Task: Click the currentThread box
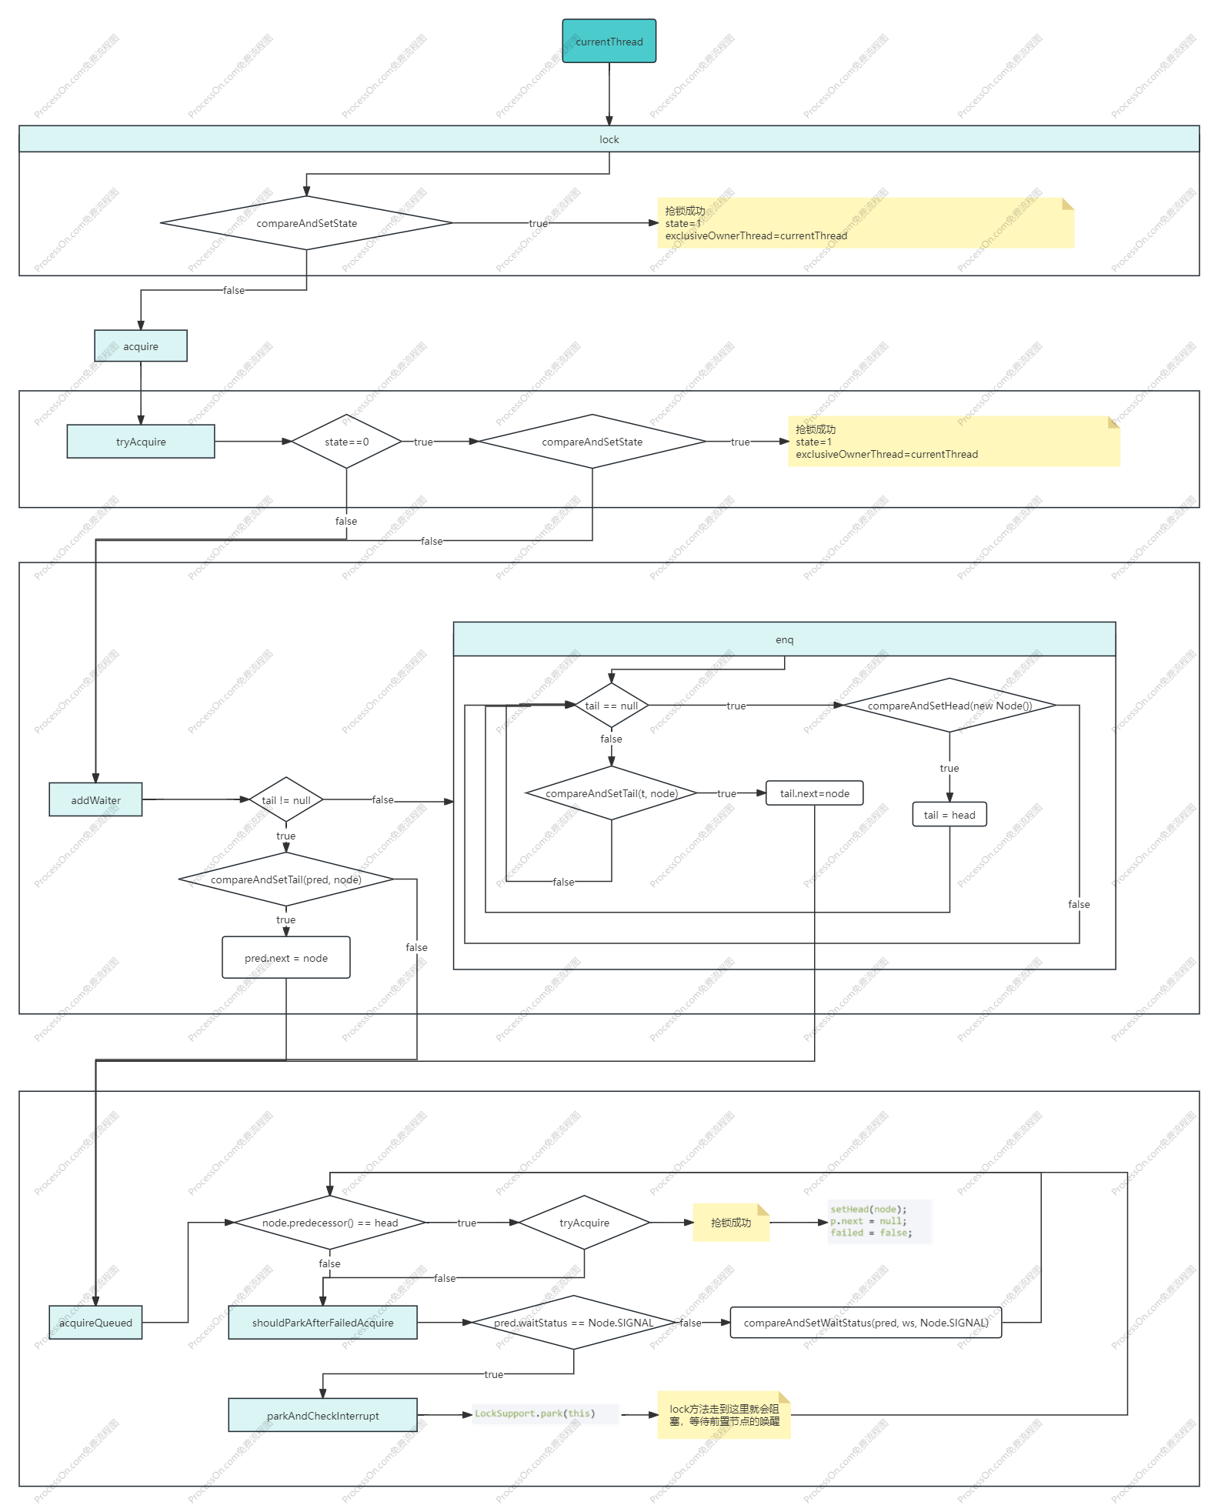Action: [609, 42]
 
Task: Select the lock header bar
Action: [609, 139]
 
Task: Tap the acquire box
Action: [141, 346]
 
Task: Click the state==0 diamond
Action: [346, 442]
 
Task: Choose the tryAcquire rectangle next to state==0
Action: [141, 442]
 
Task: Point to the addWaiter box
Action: [95, 800]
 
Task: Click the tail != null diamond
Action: [285, 800]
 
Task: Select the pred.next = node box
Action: [285, 958]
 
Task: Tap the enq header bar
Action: [784, 639]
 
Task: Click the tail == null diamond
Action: [611, 706]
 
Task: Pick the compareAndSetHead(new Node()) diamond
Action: [949, 706]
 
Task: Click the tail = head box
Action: [949, 815]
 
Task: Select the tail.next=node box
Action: [814, 793]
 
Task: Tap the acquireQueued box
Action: [95, 1323]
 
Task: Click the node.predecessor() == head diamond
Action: [329, 1223]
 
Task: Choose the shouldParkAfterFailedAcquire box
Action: [322, 1323]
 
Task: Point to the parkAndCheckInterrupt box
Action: [322, 1416]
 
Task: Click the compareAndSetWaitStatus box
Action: [866, 1323]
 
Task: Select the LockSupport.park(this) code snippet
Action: [545, 1413]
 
